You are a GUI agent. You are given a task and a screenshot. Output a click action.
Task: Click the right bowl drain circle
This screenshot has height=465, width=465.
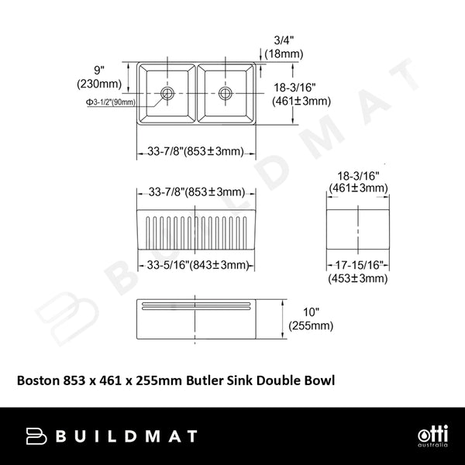225,93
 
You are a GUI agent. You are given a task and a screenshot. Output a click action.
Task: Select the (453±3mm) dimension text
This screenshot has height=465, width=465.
358,279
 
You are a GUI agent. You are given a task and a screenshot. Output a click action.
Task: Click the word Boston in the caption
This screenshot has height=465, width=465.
37,381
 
